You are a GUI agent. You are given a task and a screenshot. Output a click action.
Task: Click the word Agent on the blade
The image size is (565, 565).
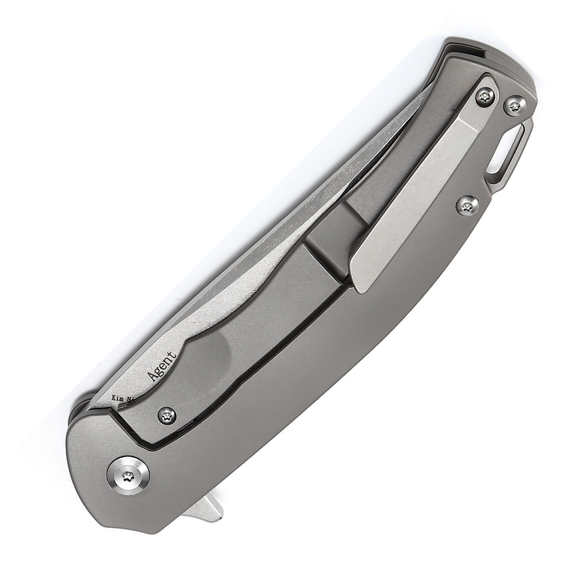[162, 366]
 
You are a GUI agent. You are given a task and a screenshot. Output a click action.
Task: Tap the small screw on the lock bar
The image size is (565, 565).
[167, 415]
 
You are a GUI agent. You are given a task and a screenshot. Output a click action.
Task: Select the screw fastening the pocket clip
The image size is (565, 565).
[485, 97]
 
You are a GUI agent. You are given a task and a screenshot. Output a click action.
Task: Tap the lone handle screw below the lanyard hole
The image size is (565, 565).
[467, 205]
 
